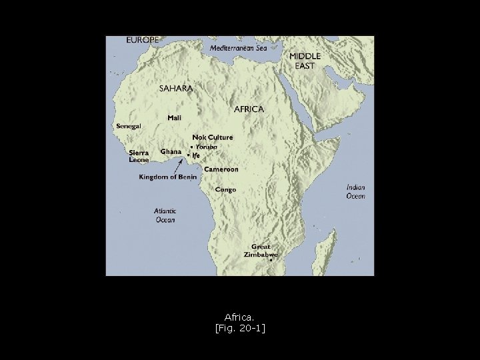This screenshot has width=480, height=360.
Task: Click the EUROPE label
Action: (143, 40)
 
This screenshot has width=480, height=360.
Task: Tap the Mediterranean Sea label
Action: (238, 49)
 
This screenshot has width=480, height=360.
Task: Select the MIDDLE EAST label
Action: (305, 61)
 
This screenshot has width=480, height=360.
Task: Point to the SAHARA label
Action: (176, 88)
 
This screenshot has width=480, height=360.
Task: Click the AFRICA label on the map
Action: (249, 109)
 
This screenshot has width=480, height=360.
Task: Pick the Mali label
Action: (174, 118)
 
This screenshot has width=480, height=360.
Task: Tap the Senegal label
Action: (128, 126)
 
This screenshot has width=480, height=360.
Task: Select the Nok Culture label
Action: (213, 137)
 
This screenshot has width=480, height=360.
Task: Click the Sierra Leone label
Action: (139, 156)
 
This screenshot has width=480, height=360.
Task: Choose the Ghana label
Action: (171, 151)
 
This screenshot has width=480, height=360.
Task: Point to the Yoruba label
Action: (206, 147)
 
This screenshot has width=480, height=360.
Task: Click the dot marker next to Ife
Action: (189, 155)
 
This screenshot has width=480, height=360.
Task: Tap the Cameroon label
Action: (221, 169)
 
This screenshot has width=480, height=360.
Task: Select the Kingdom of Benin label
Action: (166, 177)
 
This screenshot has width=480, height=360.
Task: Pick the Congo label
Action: (225, 189)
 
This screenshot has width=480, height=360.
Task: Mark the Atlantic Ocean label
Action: (165, 215)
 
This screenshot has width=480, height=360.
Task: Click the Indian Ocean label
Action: (355, 192)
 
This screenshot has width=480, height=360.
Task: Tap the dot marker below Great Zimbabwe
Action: (271, 261)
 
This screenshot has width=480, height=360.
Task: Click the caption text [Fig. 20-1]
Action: (239, 327)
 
